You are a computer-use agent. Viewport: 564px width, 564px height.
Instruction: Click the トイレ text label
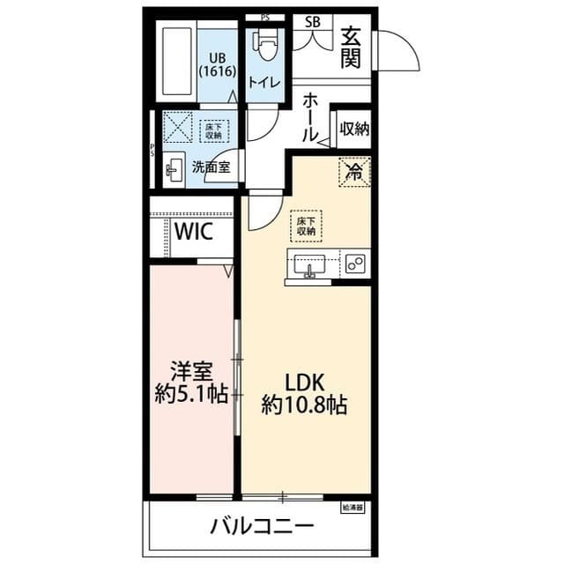click(x=264, y=82)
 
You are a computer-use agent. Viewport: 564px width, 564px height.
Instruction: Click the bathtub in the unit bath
click(x=177, y=64)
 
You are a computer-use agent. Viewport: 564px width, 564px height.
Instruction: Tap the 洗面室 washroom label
click(x=211, y=165)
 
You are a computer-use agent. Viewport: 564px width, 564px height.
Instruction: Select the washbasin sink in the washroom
click(x=174, y=166)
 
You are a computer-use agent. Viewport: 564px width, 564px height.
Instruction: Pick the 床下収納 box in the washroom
click(x=212, y=130)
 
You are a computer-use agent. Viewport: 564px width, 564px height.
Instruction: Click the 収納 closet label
click(x=353, y=130)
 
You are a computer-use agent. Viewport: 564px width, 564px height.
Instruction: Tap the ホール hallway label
click(x=309, y=119)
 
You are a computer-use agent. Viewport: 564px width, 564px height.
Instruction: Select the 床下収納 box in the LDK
click(x=306, y=226)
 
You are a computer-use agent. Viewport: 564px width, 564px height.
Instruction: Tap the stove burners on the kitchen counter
click(x=355, y=263)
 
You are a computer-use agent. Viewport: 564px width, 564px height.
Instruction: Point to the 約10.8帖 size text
click(x=304, y=404)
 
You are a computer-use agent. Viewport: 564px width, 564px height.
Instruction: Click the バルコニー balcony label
click(x=262, y=527)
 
